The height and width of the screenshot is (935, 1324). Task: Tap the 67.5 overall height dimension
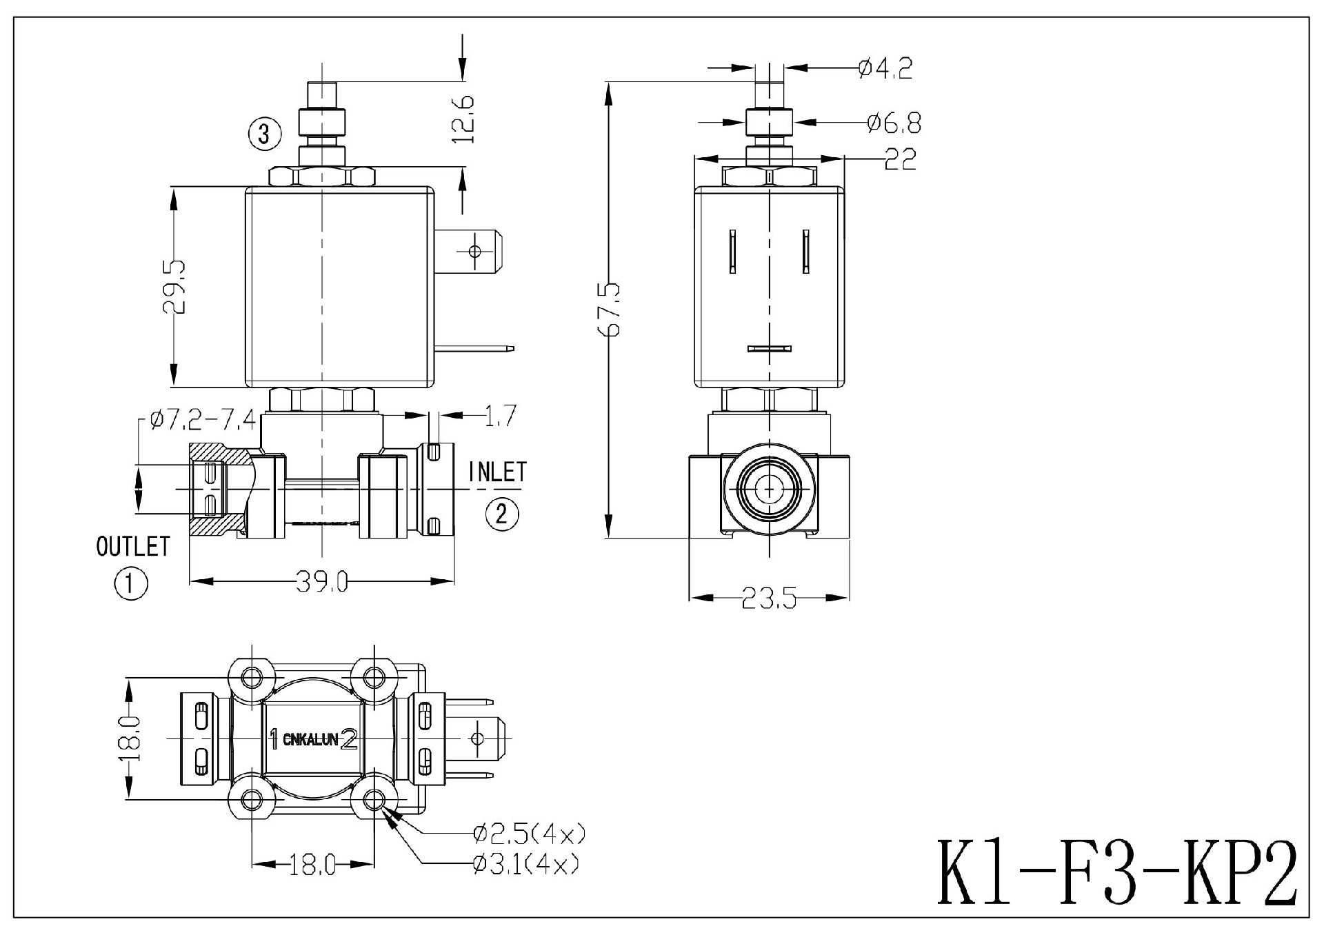point(611,310)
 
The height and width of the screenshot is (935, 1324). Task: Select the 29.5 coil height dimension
point(174,286)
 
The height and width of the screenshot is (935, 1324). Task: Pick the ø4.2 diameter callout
point(885,68)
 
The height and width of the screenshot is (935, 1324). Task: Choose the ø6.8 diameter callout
point(894,123)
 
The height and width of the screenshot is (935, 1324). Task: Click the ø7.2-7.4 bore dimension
point(203,419)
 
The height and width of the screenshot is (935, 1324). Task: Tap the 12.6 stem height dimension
point(464,119)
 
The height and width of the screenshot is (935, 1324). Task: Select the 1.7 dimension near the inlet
point(501,416)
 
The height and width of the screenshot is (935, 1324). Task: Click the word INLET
point(497,472)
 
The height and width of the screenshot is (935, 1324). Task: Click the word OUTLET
point(133,547)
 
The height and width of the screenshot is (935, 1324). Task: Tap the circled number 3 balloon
point(265,134)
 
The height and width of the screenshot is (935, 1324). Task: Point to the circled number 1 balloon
point(131,585)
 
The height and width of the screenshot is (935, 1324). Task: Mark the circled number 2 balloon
point(502,514)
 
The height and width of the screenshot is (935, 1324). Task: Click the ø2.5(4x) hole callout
point(529,835)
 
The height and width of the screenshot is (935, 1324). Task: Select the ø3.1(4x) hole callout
point(525,864)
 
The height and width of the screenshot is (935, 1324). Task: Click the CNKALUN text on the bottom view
point(310,740)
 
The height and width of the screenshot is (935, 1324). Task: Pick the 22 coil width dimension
point(900,159)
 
